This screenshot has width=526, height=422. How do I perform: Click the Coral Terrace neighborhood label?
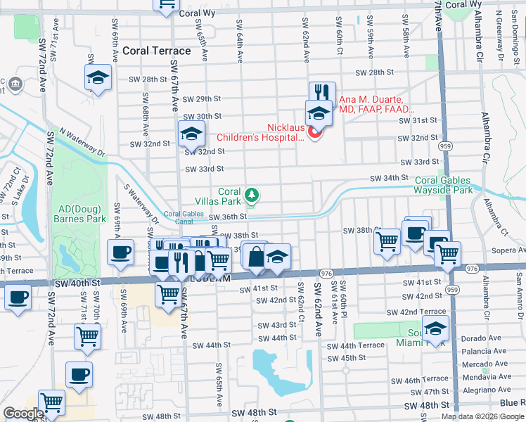[x=156, y=51]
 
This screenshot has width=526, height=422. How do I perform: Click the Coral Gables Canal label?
[x=184, y=217]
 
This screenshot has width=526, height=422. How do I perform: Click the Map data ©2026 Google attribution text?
[x=482, y=416]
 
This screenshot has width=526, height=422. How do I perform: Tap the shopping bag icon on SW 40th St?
[x=256, y=257]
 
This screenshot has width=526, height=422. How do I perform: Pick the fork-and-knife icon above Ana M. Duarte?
[x=322, y=93]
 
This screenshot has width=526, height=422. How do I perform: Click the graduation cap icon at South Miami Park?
[x=436, y=328]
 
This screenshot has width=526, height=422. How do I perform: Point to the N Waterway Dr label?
[x=81, y=141]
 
